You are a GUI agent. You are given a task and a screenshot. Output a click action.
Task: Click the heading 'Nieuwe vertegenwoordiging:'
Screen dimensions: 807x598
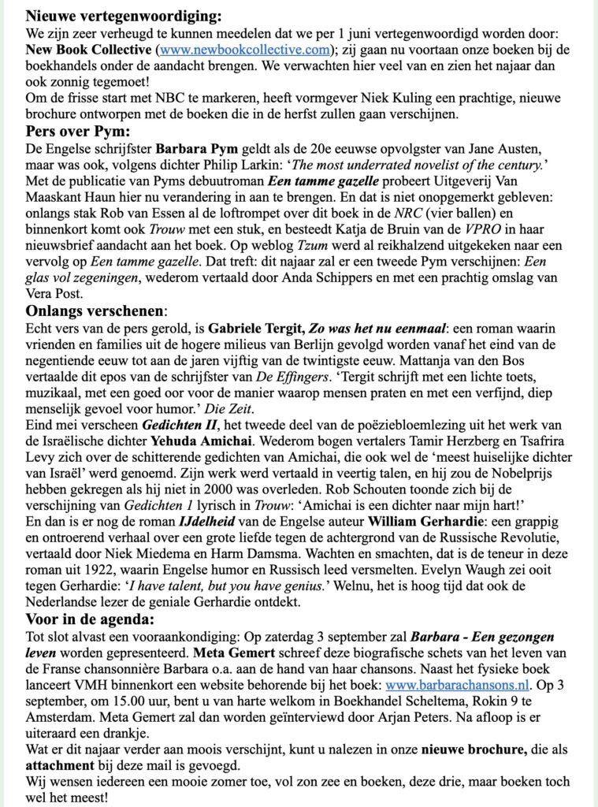click(x=124, y=15)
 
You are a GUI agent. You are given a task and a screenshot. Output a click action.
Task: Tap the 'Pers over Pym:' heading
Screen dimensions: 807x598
click(x=77, y=131)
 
